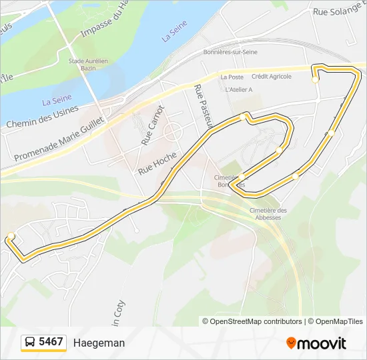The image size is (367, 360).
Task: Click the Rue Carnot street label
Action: (x=153, y=125)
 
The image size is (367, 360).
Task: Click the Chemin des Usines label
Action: (x=42, y=115)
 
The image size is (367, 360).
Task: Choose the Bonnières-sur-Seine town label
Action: (x=231, y=52)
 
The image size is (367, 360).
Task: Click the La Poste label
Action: (x=232, y=77)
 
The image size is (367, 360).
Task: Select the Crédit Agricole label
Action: (x=272, y=76)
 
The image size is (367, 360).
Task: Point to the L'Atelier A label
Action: (x=239, y=89)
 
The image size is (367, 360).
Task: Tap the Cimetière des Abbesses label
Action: (x=266, y=213)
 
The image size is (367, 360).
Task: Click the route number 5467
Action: (x=51, y=342)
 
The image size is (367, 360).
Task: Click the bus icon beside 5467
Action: (x=30, y=343)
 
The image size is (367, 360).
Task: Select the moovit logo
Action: (x=316, y=343)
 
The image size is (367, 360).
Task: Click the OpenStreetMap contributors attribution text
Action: (x=252, y=321)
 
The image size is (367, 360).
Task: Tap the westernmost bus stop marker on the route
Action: (x=11, y=235)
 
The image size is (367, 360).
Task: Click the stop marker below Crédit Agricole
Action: (x=315, y=79)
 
